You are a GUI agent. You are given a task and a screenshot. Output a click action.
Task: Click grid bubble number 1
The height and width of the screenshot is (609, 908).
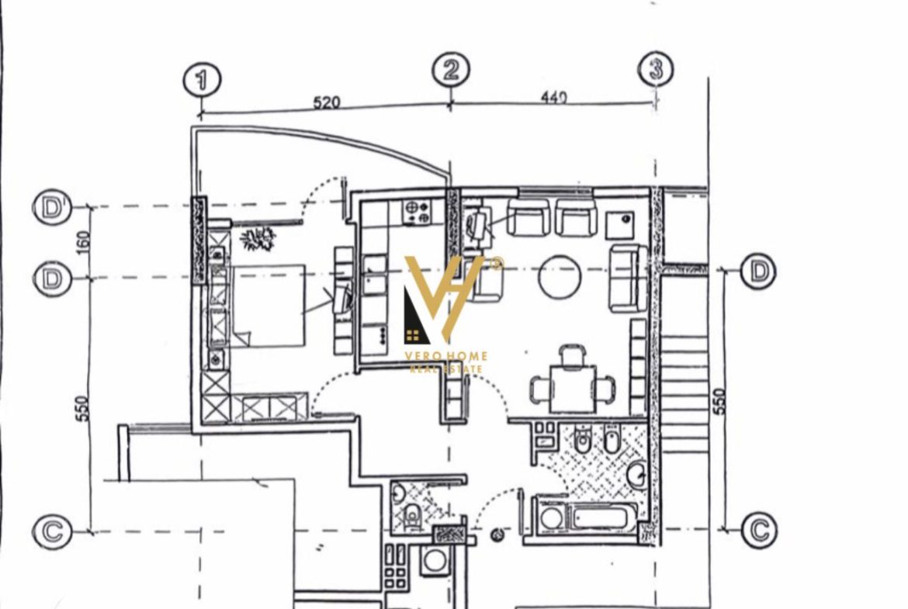pos(202,80)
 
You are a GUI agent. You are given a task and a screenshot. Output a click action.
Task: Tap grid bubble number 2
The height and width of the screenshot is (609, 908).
pos(451,70)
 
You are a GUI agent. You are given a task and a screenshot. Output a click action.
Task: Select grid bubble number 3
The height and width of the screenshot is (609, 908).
pos(656,69)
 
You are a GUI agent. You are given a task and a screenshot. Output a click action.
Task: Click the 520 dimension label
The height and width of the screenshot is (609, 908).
pos(326,103)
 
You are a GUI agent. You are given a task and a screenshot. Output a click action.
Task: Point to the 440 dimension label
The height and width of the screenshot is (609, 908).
pos(553,97)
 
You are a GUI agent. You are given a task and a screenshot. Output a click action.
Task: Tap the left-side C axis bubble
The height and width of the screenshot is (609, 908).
pos(52,531)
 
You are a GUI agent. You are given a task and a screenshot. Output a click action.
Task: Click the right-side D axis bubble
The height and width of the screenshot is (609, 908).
pos(758,270)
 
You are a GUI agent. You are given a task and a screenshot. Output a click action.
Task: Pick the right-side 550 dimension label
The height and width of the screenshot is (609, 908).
pos(719,400)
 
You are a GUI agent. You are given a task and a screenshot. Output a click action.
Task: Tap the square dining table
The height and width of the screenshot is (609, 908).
pos(572,388)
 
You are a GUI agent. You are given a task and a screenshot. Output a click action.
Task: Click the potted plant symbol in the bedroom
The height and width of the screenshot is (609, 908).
pos(257,238)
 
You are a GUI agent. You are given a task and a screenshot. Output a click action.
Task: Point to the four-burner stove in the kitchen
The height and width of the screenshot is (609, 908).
pos(417,213)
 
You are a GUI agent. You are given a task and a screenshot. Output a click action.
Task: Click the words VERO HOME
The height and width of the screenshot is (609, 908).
pos(445,356)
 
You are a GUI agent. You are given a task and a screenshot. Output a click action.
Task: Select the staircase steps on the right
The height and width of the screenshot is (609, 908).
pos(684,393)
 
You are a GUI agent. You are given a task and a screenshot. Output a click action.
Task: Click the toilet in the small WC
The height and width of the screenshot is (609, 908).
pos(413,514)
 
